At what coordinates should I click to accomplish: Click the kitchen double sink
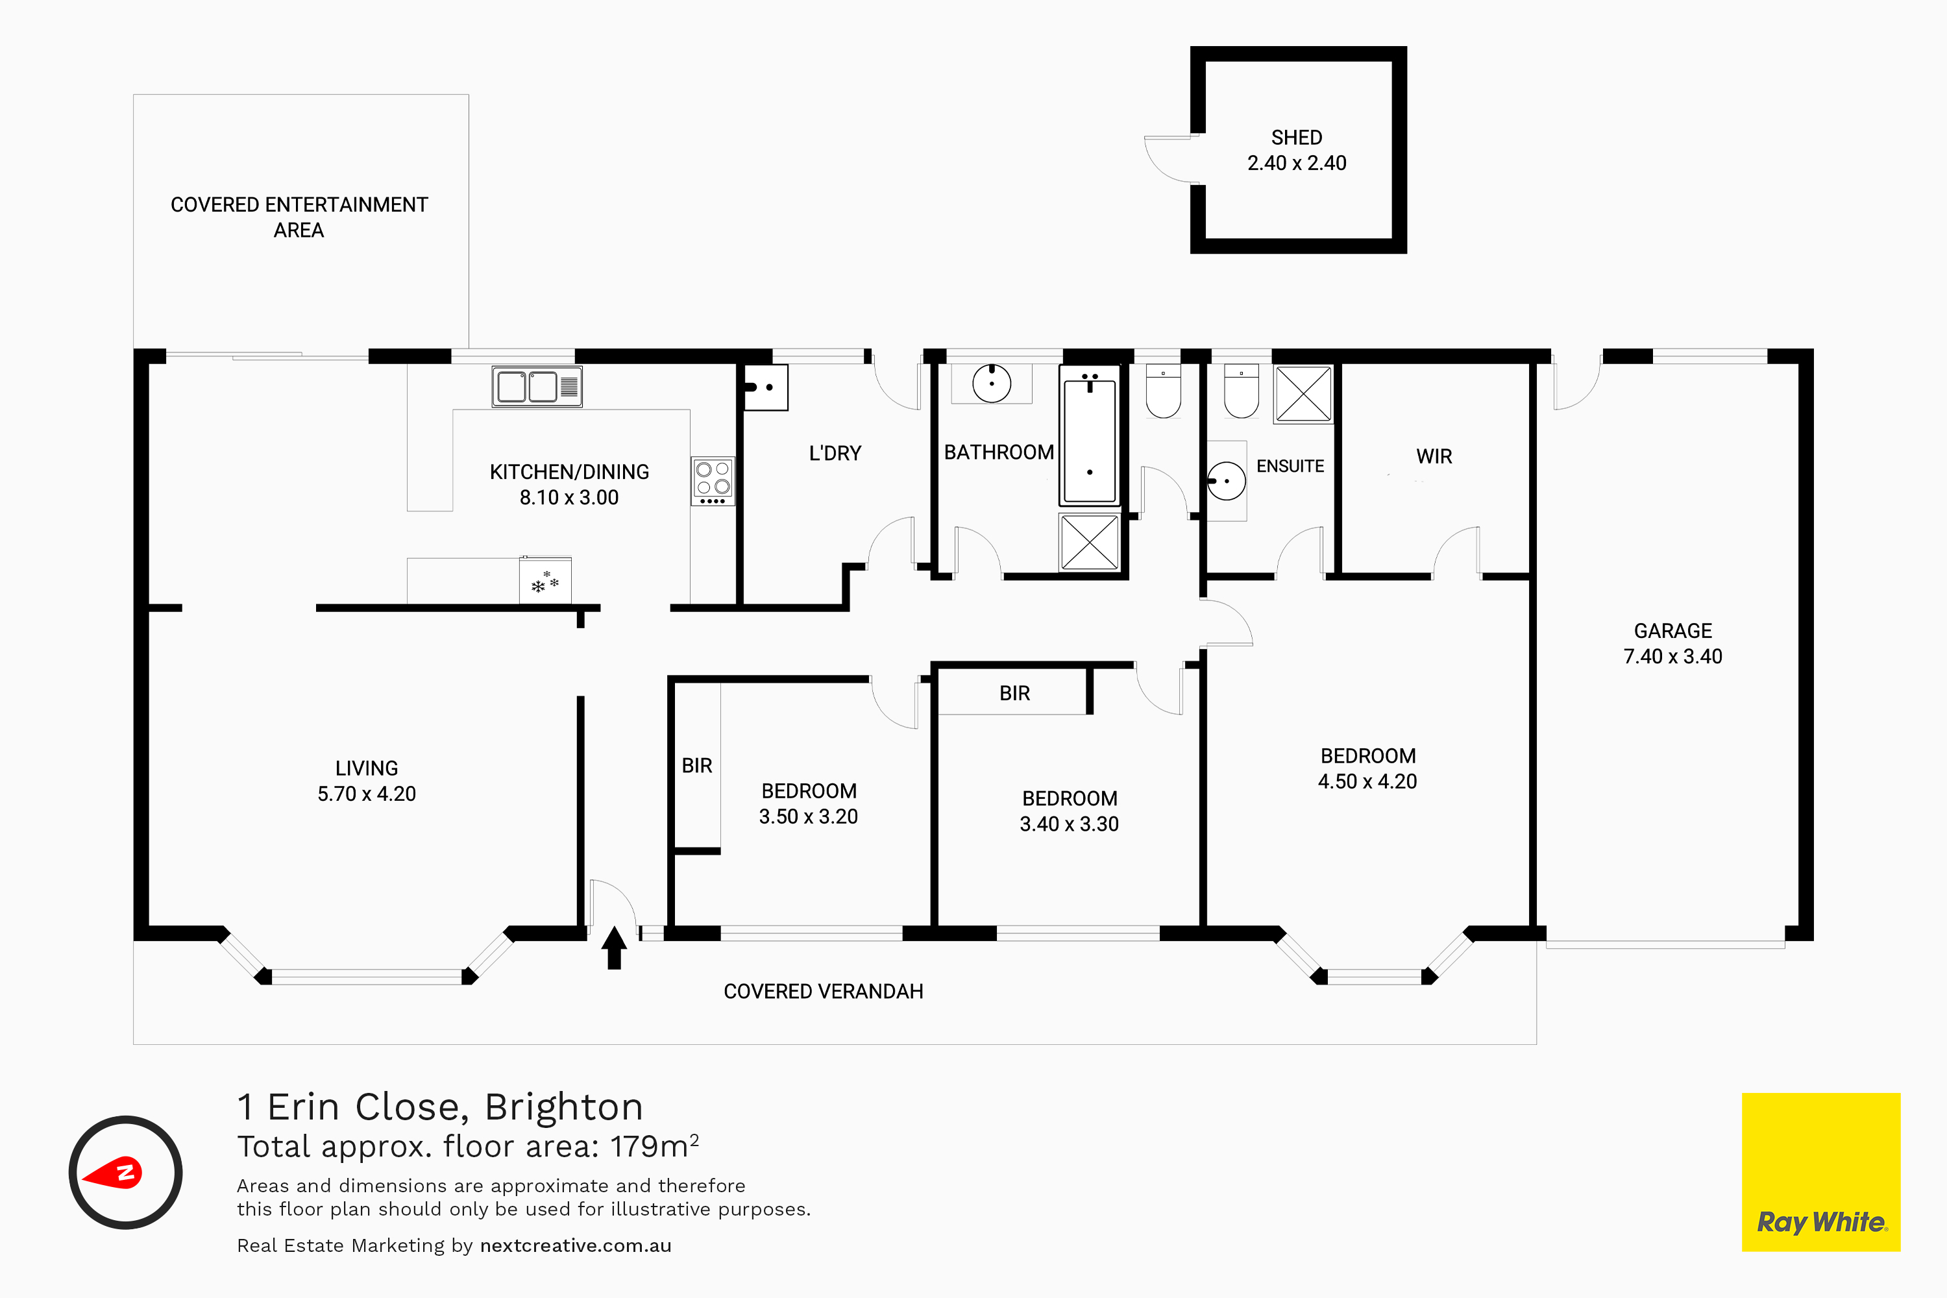click(x=537, y=387)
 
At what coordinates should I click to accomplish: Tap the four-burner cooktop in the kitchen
click(x=713, y=481)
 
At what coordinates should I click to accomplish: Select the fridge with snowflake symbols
click(x=545, y=580)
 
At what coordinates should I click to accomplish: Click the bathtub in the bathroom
click(x=1090, y=435)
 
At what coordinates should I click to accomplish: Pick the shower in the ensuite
click(x=1303, y=394)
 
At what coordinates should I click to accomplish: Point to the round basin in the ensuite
click(x=1226, y=480)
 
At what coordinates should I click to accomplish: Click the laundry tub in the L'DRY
click(x=765, y=387)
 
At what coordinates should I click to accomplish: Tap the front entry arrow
click(x=613, y=948)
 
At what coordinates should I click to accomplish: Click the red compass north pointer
click(x=115, y=1173)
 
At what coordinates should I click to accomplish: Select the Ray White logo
click(x=1820, y=1171)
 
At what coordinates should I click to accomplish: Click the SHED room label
click(x=1296, y=138)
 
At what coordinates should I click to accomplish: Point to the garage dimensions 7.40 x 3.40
click(x=1672, y=656)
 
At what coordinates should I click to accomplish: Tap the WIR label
click(x=1434, y=456)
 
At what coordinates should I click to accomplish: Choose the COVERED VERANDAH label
click(x=823, y=992)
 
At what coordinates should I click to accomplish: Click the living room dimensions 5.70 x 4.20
click(x=367, y=794)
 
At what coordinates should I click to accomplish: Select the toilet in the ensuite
click(x=1241, y=391)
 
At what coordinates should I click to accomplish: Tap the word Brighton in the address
click(x=564, y=1107)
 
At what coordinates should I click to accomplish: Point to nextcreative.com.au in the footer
click(x=575, y=1246)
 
